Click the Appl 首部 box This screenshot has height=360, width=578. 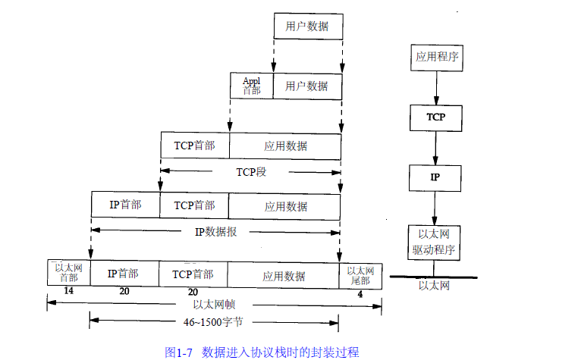pyautogui.click(x=251, y=86)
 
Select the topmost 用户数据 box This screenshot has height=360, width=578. pyautogui.click(x=307, y=27)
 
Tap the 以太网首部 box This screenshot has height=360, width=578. pyautogui.click(x=68, y=273)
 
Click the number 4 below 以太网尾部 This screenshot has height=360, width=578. pyautogui.click(x=360, y=292)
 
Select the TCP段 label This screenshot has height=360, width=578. pyautogui.click(x=251, y=171)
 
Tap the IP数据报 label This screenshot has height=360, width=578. pyautogui.click(x=216, y=231)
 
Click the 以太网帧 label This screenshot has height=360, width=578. pyautogui.click(x=215, y=304)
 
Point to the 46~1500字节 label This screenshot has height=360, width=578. pyautogui.click(x=215, y=321)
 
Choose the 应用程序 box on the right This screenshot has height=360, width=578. pyautogui.click(x=435, y=56)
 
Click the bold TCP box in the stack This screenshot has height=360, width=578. pyautogui.click(x=435, y=117)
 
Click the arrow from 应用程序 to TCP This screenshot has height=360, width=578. pyautogui.click(x=435, y=86)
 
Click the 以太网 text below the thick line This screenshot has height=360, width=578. pyautogui.click(x=435, y=286)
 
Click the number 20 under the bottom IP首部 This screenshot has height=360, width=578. pyautogui.click(x=124, y=292)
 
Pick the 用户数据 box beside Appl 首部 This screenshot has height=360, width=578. pyautogui.click(x=307, y=86)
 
